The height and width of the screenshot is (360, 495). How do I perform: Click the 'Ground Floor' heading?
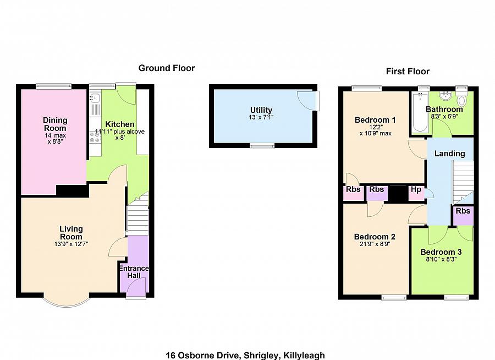click(166, 68)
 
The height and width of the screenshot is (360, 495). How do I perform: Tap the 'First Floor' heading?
click(408, 72)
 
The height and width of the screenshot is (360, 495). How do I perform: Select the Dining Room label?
click(55, 124)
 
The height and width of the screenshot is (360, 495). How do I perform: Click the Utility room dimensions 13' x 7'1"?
click(261, 118)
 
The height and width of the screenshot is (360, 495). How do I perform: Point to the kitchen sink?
click(95, 99)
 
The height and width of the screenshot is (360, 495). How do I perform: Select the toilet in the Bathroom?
click(461, 100)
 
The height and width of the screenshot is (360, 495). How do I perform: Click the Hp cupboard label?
click(416, 190)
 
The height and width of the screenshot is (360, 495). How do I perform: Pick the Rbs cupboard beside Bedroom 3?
click(463, 211)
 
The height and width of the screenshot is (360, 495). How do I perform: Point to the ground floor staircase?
click(137, 217)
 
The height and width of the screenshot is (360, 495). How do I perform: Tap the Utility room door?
click(308, 101)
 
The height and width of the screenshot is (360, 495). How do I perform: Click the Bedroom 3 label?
click(441, 252)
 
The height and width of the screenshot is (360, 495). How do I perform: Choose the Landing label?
click(449, 154)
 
